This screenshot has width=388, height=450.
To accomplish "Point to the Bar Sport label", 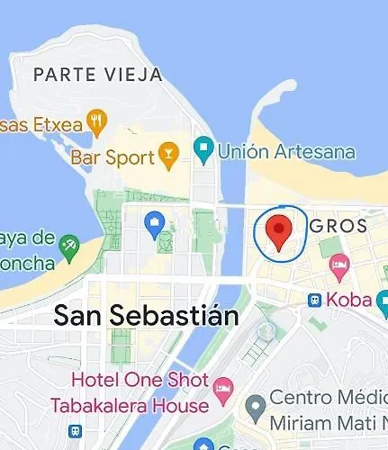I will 112,157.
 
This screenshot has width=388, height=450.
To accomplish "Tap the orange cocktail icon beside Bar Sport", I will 167,155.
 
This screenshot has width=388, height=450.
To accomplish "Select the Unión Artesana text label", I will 285,151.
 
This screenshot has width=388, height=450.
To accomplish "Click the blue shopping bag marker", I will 156,224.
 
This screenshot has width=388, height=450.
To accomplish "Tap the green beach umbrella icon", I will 68,245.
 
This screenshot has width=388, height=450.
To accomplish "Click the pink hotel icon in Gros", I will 338,264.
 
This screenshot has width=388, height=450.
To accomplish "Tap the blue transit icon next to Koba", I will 315,300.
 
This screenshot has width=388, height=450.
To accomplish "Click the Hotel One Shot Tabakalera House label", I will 140,393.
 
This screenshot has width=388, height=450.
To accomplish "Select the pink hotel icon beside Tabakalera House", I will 222,390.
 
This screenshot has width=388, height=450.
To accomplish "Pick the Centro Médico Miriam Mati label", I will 328,410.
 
